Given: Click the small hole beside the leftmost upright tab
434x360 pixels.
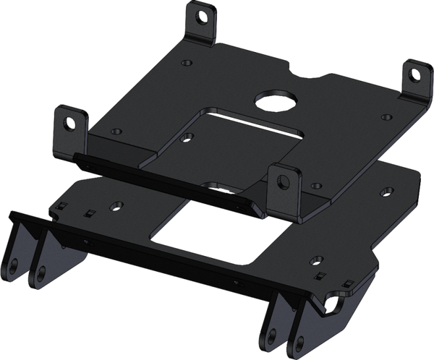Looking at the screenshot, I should click(116, 131).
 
